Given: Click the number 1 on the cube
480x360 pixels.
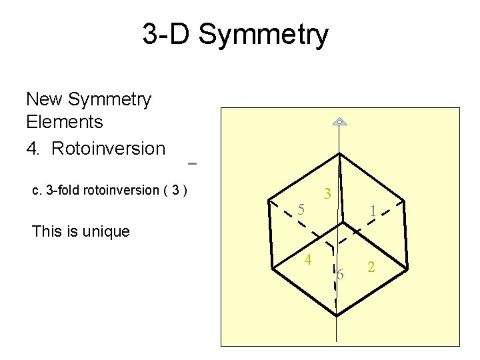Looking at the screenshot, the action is (373, 211).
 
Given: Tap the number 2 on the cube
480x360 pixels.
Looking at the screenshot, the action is (372, 267).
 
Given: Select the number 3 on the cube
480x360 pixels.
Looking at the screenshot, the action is (327, 194).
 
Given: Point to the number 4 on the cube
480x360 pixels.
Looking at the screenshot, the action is (309, 259).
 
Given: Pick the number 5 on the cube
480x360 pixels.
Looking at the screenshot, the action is (301, 209).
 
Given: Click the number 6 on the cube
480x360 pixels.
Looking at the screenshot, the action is (340, 274).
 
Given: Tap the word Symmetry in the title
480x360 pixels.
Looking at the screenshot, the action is (263, 35).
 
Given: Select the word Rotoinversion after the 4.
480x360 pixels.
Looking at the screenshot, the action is (108, 148).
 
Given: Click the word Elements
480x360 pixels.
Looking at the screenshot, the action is (65, 122).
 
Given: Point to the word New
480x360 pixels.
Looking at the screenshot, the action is (45, 99).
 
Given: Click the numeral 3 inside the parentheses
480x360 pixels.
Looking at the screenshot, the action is (175, 190).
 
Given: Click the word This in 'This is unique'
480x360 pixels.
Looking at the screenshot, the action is (47, 231).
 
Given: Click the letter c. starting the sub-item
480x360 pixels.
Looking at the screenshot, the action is (37, 190).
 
